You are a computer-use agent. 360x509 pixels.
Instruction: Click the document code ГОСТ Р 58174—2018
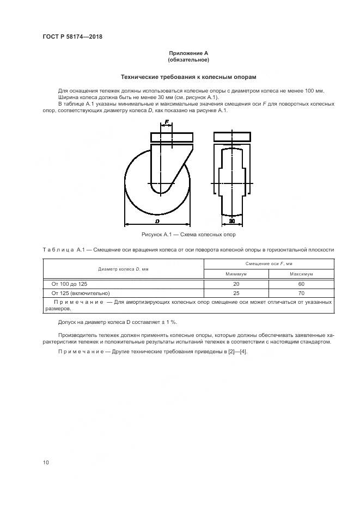(72, 37)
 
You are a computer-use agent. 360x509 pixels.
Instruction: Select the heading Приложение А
(188, 53)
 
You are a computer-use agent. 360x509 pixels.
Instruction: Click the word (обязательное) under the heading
(188, 59)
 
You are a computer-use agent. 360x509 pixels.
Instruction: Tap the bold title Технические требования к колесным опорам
(188, 77)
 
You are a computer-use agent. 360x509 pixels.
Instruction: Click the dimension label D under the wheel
(157, 222)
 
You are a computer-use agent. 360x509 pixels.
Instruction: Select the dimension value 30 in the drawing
(231, 222)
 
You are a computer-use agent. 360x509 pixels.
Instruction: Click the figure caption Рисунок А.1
(188, 235)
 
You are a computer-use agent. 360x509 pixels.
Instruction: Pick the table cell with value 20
(236, 284)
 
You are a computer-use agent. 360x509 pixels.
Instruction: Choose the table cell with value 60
(301, 284)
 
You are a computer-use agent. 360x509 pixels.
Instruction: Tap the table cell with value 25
(236, 292)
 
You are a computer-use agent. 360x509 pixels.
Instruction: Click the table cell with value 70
(301, 292)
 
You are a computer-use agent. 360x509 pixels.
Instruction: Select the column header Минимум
(236, 274)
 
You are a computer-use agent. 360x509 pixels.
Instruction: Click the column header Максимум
(301, 274)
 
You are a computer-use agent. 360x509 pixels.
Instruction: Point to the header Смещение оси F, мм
(269, 264)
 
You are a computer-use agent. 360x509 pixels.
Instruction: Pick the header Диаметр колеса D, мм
(124, 269)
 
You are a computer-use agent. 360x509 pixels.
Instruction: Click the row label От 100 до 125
(69, 284)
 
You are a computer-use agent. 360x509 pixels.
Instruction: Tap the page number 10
(46, 462)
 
